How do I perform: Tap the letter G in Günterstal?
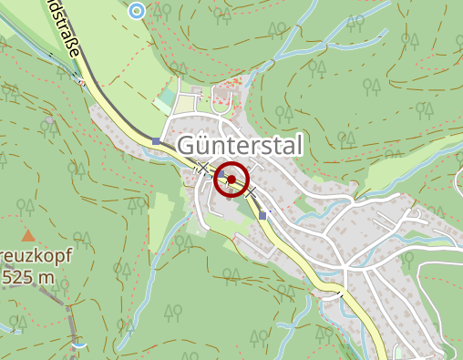188,146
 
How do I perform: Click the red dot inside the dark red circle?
231,180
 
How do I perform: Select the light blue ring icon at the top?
137,10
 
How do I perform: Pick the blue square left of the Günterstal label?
157,141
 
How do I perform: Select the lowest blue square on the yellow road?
263,215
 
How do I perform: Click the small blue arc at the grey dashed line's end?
81,345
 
